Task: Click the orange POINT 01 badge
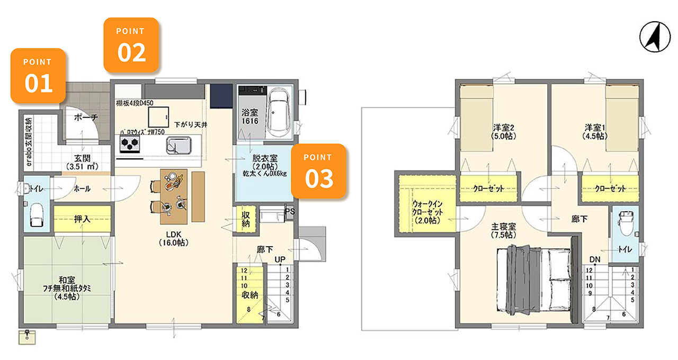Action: point(38,76)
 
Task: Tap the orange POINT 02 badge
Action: point(131,45)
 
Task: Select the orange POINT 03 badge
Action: point(318,171)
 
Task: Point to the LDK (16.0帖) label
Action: point(174,238)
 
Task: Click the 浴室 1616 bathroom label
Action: point(250,117)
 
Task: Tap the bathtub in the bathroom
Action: point(279,113)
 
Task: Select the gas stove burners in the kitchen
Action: point(130,143)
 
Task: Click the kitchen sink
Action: point(179,145)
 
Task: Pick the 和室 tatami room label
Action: point(67,289)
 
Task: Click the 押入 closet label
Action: point(82,219)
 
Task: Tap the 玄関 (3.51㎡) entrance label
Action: point(82,162)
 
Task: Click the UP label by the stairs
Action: point(280,259)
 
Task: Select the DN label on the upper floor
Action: point(595,259)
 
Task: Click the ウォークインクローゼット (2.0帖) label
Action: point(427,212)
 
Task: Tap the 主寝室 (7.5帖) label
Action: point(504,230)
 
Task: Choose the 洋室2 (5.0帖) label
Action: point(504,132)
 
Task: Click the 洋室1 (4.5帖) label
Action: point(595,132)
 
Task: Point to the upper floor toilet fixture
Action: point(626,223)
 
